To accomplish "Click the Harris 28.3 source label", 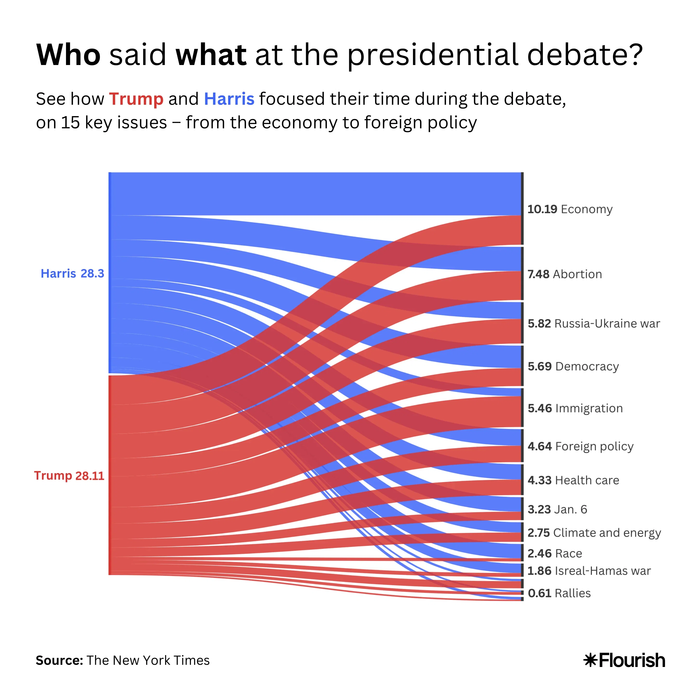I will click(x=72, y=274).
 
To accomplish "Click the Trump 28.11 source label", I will click(x=69, y=476).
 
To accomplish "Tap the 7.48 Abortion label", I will click(x=565, y=274).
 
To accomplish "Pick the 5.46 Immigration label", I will click(x=575, y=408).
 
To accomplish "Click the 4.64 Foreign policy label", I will click(x=580, y=447).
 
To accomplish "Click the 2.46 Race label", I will click(x=554, y=554).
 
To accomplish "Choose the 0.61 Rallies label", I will click(x=559, y=594).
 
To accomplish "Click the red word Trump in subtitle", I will click(x=136, y=99).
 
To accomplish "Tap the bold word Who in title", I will click(x=68, y=56).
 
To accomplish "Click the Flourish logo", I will click(x=624, y=660).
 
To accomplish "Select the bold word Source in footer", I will click(x=59, y=660).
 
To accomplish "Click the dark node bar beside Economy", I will click(x=522, y=209).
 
